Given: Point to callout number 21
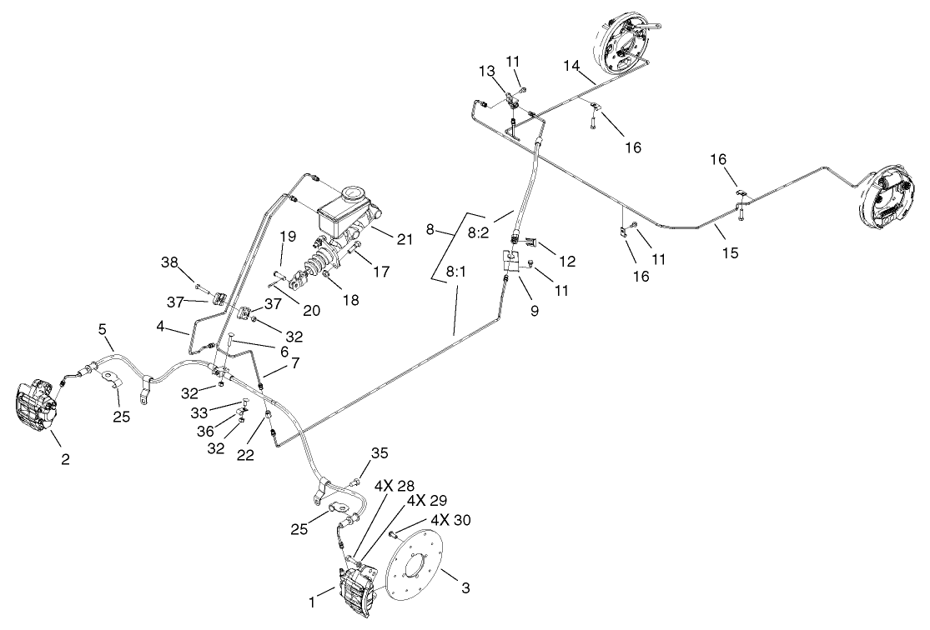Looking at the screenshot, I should (405, 240).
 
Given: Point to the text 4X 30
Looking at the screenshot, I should (450, 519).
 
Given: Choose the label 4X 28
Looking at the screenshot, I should (395, 485).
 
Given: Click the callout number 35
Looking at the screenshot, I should (380, 453).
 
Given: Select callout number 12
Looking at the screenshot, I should (567, 262).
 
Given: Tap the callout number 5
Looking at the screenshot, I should (103, 330).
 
